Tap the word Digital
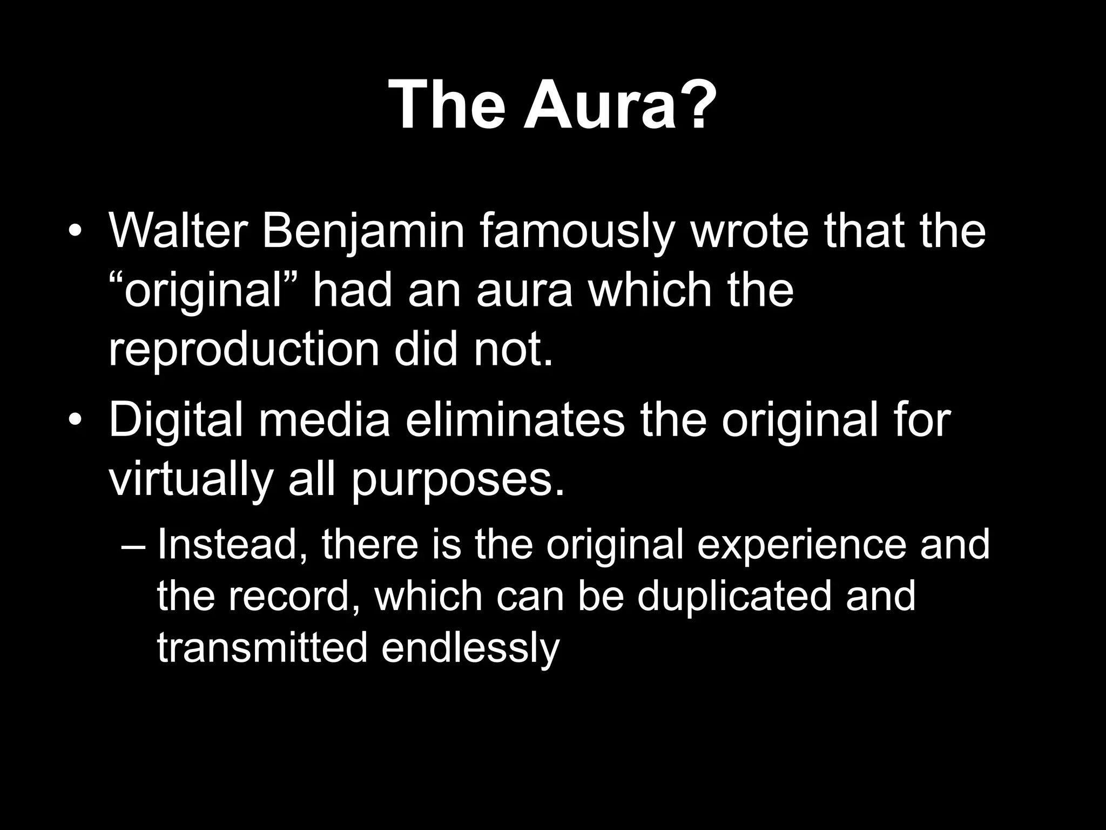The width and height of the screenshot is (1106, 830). pos(176,421)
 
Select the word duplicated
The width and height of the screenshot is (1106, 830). pos(734,597)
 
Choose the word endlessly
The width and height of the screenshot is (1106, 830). pos(470,648)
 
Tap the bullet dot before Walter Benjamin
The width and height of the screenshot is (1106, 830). pos(76,233)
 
